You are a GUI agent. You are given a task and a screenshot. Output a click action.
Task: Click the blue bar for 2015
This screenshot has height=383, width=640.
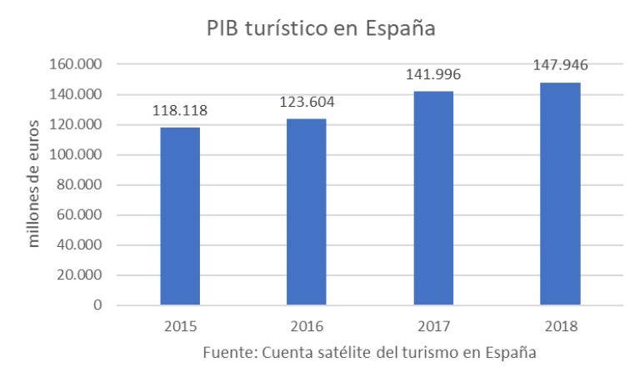click(180, 216)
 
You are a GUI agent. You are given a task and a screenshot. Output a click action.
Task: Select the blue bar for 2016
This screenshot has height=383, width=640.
click(306, 212)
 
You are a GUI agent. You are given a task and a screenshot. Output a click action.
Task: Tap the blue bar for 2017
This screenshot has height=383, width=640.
click(433, 198)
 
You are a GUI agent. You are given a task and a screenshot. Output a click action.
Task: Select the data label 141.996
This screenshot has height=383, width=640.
click(433, 75)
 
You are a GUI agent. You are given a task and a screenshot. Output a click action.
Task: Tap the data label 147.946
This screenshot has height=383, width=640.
click(560, 67)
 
